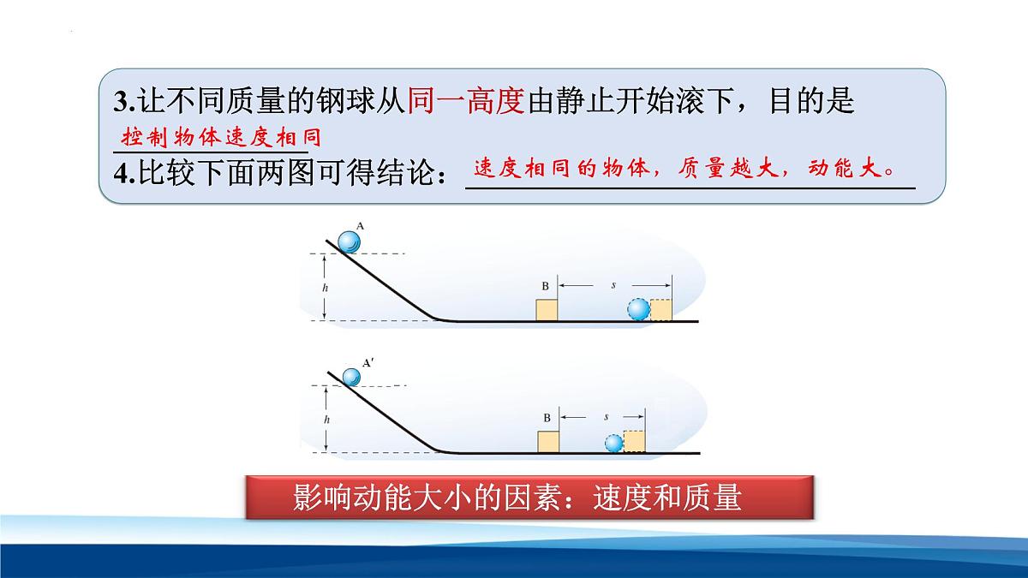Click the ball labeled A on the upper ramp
[x=349, y=243]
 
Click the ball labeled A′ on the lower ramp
[x=350, y=378]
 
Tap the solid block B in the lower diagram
[x=548, y=442]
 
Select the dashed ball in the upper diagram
[x=638, y=309]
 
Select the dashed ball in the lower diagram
[x=613, y=444]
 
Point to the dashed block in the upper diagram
[x=660, y=310]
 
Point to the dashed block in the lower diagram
[x=634, y=441]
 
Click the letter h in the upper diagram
[x=325, y=289]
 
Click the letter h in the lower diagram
[x=325, y=420]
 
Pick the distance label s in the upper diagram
[x=613, y=283]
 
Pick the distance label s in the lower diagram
[x=606, y=417]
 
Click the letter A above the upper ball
[x=361, y=226]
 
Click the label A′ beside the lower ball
[x=368, y=363]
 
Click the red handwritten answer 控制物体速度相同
[x=214, y=138]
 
